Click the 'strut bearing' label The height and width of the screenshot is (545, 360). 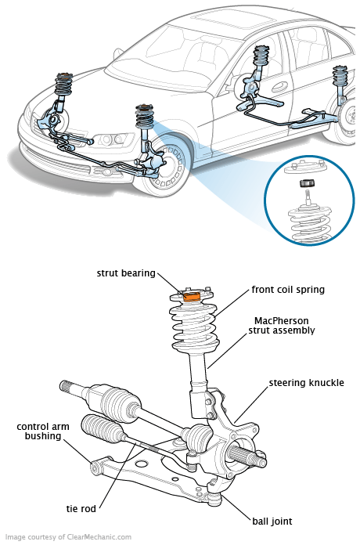click(x=124, y=272)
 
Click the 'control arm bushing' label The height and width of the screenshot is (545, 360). click(x=39, y=431)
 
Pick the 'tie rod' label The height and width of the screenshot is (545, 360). click(x=82, y=509)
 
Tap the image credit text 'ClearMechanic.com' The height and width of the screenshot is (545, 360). click(x=89, y=537)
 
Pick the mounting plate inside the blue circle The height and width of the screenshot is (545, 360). click(x=308, y=167)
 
